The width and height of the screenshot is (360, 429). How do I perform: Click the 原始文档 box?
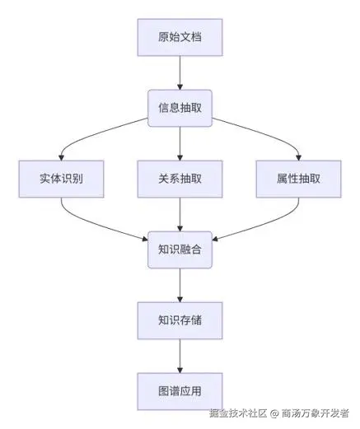(x=180, y=37)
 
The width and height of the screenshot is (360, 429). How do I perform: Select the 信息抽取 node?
(x=180, y=108)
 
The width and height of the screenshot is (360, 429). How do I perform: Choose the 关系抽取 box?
(x=180, y=179)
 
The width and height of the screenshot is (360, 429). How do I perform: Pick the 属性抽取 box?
(x=299, y=179)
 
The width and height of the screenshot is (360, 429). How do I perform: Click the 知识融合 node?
(x=180, y=249)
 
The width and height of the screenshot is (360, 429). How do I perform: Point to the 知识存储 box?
(x=180, y=320)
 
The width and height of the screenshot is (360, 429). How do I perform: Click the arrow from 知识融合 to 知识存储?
(x=180, y=285)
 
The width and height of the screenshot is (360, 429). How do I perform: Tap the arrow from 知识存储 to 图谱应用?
(x=180, y=356)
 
